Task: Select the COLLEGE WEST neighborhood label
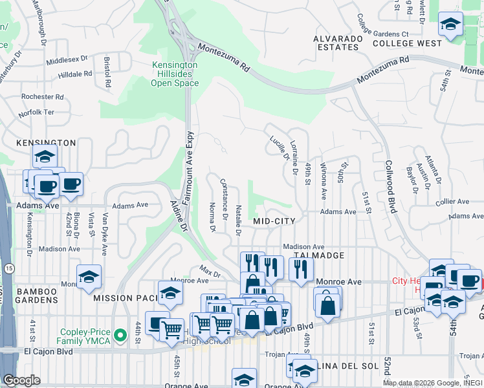tap(407, 43)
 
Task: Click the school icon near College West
tap(450, 25)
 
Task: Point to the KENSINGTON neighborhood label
tap(41, 142)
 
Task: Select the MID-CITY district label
tap(274, 221)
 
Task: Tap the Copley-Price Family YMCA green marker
tap(119, 335)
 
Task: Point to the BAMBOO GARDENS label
tap(29, 297)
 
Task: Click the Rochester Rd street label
tap(42, 97)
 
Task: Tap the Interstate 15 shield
tap(8, 249)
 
